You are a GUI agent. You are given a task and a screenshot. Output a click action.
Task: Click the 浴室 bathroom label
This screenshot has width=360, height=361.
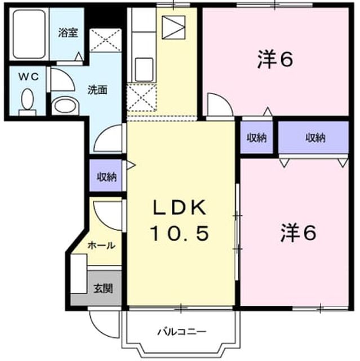point(68,33)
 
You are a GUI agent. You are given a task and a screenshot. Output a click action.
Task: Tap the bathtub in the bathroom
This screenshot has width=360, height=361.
point(29,34)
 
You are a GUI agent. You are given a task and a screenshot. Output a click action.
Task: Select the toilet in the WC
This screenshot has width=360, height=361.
point(28,102)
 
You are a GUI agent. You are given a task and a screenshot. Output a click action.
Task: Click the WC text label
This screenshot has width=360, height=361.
point(29,77)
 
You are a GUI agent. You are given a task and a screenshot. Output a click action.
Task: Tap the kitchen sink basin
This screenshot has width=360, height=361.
point(144,69)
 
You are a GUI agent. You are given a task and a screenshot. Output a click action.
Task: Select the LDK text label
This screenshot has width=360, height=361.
point(179,208)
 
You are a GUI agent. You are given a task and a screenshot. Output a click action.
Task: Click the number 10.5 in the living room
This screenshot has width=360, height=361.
point(180,233)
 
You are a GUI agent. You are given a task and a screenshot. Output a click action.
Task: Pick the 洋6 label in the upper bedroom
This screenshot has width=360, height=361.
point(275,59)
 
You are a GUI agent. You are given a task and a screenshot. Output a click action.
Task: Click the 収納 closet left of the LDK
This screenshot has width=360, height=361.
point(106,177)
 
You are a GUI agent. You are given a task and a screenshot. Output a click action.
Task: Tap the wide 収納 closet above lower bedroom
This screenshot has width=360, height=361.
point(313,138)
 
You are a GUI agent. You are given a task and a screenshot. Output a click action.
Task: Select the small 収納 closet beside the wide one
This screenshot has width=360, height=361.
point(256,138)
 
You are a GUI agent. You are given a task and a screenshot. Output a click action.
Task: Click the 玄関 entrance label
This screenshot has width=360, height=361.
point(103,288)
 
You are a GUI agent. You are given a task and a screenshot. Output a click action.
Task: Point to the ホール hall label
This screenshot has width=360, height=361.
point(101,245)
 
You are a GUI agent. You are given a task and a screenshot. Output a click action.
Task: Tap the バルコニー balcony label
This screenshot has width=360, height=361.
point(182,332)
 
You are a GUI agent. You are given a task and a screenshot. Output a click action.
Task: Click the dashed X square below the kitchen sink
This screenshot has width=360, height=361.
point(142,98)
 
